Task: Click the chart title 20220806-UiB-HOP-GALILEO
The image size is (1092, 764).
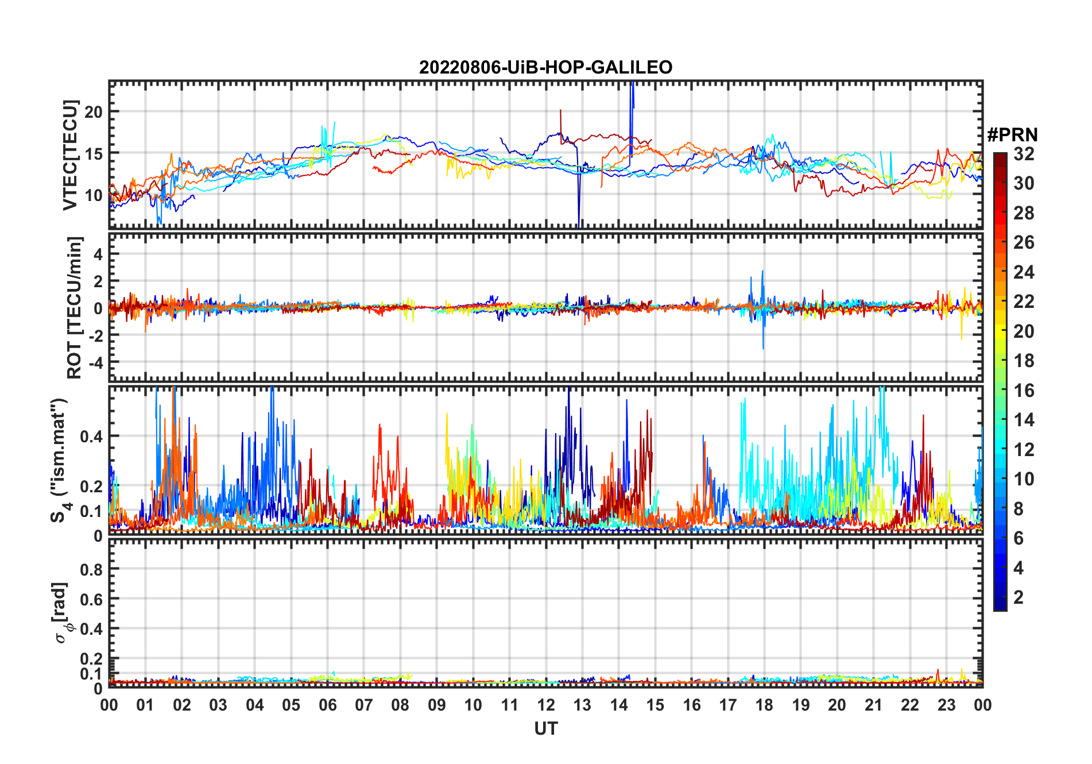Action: [545, 68]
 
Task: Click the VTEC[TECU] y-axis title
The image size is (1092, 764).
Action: [71, 155]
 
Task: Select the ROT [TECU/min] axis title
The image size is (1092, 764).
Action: [75, 307]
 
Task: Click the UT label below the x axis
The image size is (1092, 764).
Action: [545, 729]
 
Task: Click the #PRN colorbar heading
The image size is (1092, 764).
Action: [1012, 135]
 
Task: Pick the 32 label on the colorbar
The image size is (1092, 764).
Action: [1024, 154]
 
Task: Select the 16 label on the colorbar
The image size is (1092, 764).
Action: [1024, 391]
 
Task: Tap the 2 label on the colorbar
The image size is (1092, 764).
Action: [1019, 597]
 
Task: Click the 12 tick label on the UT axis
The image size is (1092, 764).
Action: [546, 705]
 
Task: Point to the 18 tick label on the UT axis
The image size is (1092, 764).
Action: [764, 705]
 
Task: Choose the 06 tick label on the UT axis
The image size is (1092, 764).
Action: [327, 705]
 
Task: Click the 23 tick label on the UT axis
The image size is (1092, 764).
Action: [946, 705]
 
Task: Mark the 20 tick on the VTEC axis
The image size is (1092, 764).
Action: [94, 112]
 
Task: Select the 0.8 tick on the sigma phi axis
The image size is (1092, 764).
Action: [91, 569]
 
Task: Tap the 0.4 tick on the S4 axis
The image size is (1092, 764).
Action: [91, 436]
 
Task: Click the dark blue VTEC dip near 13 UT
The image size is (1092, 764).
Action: [579, 218]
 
